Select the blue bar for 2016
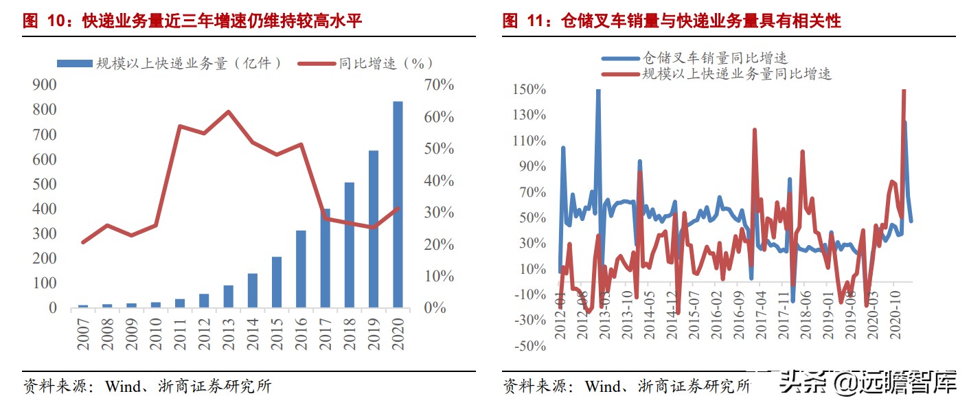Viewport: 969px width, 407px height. [301, 269]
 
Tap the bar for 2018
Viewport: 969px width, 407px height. [350, 245]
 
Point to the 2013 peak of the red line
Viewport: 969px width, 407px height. [228, 112]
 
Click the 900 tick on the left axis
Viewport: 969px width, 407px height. [44, 84]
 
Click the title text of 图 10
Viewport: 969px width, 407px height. [192, 21]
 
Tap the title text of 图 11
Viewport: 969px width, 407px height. [672, 21]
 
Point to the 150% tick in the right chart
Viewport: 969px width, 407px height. [529, 89]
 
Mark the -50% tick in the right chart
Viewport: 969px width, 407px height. [529, 346]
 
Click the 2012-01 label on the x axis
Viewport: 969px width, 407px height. [560, 316]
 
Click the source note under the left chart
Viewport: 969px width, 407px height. [147, 386]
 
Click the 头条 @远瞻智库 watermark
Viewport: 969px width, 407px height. [868, 383]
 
